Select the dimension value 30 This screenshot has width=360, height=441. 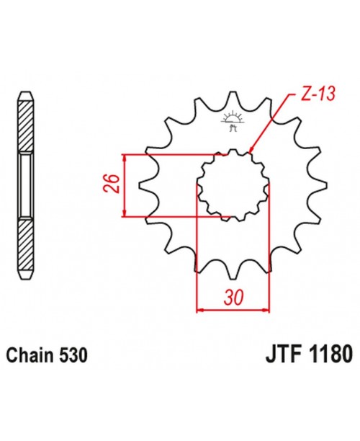point(233,297)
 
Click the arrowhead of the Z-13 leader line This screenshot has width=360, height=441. point(251,151)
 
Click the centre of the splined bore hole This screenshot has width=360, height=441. point(233,185)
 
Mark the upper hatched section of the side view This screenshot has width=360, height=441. point(25,127)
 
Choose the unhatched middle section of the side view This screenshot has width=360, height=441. point(25,185)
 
